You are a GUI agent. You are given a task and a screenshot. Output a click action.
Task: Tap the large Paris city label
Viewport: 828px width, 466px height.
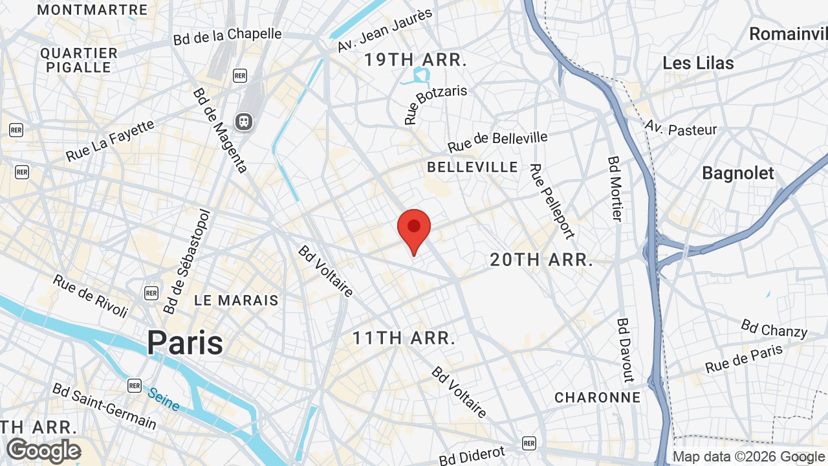pyautogui.click(x=185, y=343)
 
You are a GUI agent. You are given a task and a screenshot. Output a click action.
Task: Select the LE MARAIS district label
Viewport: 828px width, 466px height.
pyautogui.click(x=236, y=300)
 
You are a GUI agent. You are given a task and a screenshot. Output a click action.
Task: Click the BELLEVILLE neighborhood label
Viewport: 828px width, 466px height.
pyautogui.click(x=472, y=167)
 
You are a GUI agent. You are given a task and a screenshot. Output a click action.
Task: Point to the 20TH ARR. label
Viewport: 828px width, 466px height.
pyautogui.click(x=541, y=260)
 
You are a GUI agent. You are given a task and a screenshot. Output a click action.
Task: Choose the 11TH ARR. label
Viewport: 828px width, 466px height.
pyautogui.click(x=404, y=338)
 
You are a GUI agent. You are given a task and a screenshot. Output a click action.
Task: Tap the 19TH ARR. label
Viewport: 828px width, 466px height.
pyautogui.click(x=415, y=60)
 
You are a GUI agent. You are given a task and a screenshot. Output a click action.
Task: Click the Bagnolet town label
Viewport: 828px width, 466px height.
pyautogui.click(x=737, y=173)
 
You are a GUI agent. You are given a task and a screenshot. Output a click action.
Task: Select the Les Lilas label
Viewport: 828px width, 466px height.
pyautogui.click(x=698, y=63)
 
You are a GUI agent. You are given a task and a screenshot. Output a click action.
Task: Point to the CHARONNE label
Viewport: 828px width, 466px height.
pyautogui.click(x=597, y=397)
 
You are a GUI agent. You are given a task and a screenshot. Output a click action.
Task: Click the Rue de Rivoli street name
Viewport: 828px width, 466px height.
pyautogui.click(x=91, y=296)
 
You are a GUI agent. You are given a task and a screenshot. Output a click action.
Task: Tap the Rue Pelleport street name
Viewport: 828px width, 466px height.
pyautogui.click(x=552, y=201)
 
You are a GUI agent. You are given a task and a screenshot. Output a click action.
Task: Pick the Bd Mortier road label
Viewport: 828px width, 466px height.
pyautogui.click(x=615, y=188)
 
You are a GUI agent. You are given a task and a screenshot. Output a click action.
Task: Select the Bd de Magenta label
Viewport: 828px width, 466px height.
pyautogui.click(x=220, y=130)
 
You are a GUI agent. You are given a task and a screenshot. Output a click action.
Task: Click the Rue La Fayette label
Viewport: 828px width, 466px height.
pyautogui.click(x=111, y=140)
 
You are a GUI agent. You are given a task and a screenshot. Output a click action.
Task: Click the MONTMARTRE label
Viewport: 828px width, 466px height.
pyautogui.click(x=93, y=10)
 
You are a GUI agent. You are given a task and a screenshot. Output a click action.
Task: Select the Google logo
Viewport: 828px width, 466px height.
pyautogui.click(x=43, y=450)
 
